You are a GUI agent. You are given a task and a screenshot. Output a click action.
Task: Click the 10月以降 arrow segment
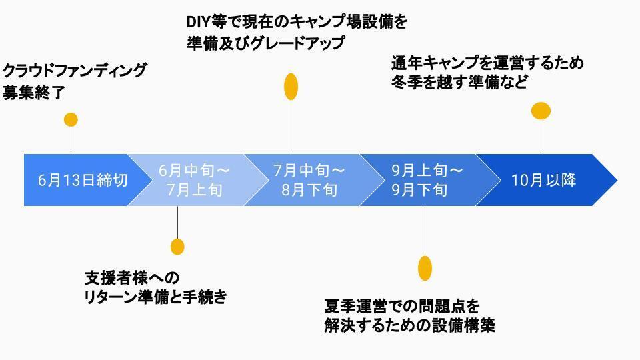pyautogui.click(x=543, y=180)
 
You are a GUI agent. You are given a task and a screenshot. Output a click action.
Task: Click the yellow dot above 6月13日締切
pyautogui.click(x=71, y=120)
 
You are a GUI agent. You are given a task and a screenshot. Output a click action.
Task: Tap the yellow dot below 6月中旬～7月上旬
pyautogui.click(x=177, y=246)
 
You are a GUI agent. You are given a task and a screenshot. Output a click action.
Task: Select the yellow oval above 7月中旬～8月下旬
pyautogui.click(x=291, y=86)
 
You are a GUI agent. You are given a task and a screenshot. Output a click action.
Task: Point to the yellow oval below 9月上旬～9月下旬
pyautogui.click(x=425, y=267)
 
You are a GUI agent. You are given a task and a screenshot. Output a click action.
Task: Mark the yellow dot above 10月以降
pyautogui.click(x=541, y=111)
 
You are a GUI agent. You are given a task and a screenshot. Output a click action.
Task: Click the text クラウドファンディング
pyautogui.click(x=75, y=71)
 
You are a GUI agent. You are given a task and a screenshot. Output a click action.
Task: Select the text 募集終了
pyautogui.click(x=34, y=93)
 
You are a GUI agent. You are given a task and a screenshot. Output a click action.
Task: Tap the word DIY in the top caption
pyautogui.click(x=199, y=21)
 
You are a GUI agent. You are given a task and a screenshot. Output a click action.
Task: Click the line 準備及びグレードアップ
pyautogui.click(x=266, y=43)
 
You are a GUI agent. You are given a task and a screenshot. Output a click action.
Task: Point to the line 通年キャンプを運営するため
pyautogui.click(x=487, y=63)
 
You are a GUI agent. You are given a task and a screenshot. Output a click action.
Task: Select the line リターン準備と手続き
pyautogui.click(x=155, y=297)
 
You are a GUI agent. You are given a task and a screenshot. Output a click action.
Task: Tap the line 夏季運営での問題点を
pyautogui.click(x=402, y=307)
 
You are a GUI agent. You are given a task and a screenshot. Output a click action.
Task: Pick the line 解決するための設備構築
pyautogui.click(x=409, y=327)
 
